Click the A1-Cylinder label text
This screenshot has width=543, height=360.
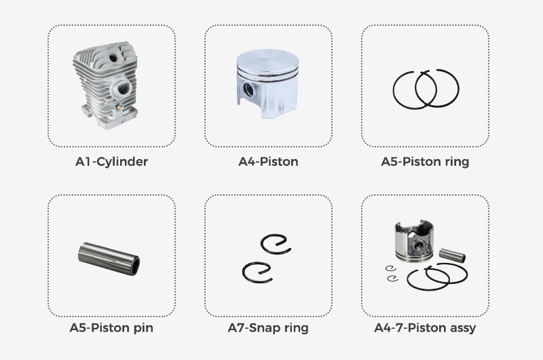pyautogui.click(x=111, y=162)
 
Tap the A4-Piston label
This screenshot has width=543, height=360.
pyautogui.click(x=268, y=162)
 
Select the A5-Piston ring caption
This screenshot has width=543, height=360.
pyautogui.click(x=425, y=162)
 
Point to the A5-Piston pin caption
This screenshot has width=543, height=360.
pyautogui.click(x=111, y=328)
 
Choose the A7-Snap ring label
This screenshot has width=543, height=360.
pyautogui.click(x=268, y=328)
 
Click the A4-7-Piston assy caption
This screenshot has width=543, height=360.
pyautogui.click(x=425, y=328)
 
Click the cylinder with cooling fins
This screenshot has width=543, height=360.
pyautogui.click(x=106, y=86)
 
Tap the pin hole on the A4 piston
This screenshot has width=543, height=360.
pyautogui.click(x=248, y=90)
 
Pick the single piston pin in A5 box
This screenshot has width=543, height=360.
pyautogui.click(x=109, y=259)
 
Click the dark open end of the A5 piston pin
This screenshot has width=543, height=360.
pyautogui.click(x=136, y=265)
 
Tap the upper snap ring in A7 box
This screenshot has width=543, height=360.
pyautogui.click(x=276, y=245)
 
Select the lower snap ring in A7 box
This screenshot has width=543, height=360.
pyautogui.click(x=257, y=272)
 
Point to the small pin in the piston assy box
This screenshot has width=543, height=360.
pyautogui.click(x=452, y=255)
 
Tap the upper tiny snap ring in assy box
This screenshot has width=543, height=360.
pyautogui.click(x=391, y=268)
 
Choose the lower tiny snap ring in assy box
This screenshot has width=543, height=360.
pyautogui.click(x=393, y=278)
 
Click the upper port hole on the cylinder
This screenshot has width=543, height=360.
pyautogui.click(x=113, y=57)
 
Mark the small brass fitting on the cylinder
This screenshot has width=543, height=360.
pyautogui.click(x=117, y=107)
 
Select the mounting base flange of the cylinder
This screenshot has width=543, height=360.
pyautogui.click(x=109, y=117)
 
